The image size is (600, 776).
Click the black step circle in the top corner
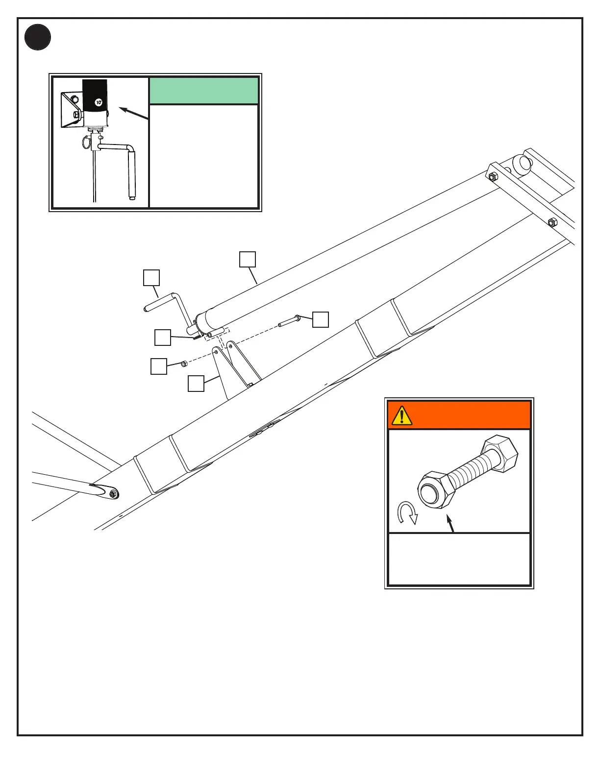pyautogui.click(x=38, y=37)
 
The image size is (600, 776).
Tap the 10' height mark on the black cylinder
pyautogui.click(x=99, y=102)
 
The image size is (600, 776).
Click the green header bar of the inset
pyautogui.click(x=203, y=91)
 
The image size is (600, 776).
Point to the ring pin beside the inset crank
pyautogui.click(x=86, y=143)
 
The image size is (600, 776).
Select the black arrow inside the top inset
pyautogui.click(x=133, y=113)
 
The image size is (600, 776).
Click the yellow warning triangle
pyautogui.click(x=402, y=415)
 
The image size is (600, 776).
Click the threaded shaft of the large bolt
pyautogui.click(x=473, y=471)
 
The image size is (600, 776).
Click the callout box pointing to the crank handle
pyautogui.click(x=151, y=277)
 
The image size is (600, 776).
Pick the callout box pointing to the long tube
pyautogui.click(x=248, y=259)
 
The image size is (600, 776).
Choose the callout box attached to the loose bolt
pyautogui.click(x=321, y=319)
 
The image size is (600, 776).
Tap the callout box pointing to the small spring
pyautogui.click(x=163, y=338)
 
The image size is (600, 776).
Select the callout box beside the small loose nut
pyautogui.click(x=159, y=366)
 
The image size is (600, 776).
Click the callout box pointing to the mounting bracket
pyautogui.click(x=196, y=384)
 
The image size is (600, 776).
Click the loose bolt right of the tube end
pyautogui.click(x=289, y=320)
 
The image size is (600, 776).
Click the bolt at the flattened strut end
pyautogui.click(x=113, y=494)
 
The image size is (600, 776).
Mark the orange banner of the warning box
pyautogui.click(x=471, y=415)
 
